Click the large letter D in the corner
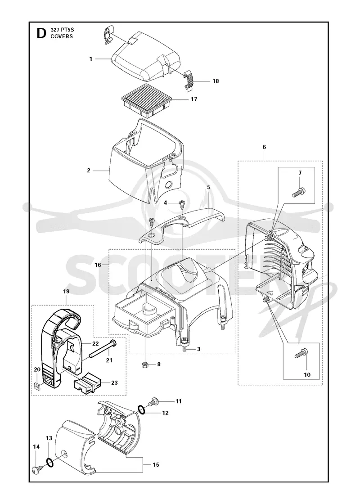(41, 33)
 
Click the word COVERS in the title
(62, 36)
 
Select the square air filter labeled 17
(146, 99)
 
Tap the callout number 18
(216, 81)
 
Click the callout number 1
(91, 59)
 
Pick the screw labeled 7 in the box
(299, 192)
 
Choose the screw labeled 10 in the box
(301, 353)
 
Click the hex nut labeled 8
(145, 364)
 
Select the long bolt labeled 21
(103, 349)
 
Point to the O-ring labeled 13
(50, 462)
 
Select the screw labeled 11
(153, 401)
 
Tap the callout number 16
(98, 265)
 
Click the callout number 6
(264, 147)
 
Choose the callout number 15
(156, 464)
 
